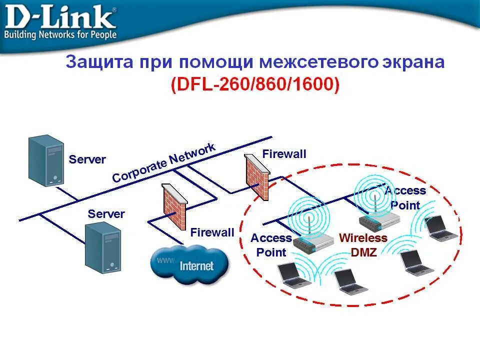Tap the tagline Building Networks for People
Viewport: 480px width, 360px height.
pos(60,35)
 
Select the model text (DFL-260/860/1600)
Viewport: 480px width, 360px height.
pos(255,84)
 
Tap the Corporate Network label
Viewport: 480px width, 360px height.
pos(163,162)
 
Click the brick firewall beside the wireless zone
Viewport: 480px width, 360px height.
pos(257,176)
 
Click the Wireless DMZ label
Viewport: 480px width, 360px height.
pos(363,245)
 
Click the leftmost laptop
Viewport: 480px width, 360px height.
pos(291,274)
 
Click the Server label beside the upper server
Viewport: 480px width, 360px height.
pos(87,159)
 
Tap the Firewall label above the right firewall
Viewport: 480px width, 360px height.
pos(284,154)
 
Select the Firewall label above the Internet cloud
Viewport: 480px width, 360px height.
pos(212,232)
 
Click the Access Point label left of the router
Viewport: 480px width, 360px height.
pos(271,245)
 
